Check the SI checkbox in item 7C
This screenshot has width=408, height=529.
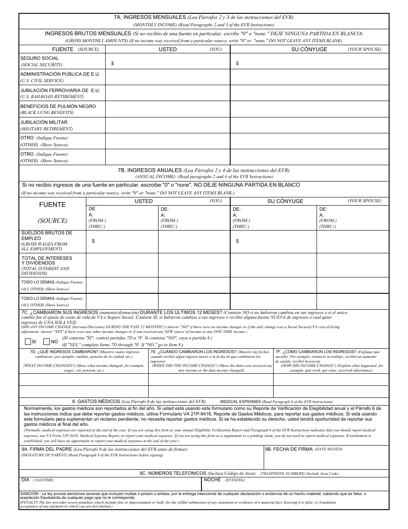[x=28, y=342]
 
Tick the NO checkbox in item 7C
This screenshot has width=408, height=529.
[x=46, y=342]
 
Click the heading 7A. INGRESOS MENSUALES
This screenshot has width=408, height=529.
[x=150, y=17]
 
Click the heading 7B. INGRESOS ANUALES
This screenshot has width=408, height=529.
[x=150, y=170]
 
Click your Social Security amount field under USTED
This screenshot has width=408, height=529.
[x=167, y=63]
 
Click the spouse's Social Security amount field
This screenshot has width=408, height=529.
[x=309, y=63]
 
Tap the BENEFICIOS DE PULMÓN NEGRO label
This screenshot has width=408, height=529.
[x=58, y=106]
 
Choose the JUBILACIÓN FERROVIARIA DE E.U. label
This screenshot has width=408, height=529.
[x=60, y=90]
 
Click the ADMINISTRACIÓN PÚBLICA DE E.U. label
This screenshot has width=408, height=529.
[x=60, y=74]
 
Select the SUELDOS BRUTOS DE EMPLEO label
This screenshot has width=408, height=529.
[x=47, y=235]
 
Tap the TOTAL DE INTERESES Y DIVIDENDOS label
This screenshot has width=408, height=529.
[x=47, y=260]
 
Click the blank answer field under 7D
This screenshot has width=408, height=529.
[x=83, y=380]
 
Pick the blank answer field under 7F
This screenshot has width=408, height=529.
[x=331, y=380]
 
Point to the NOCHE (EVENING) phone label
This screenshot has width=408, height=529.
[x=212, y=480]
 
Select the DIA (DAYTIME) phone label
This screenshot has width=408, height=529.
[x=26, y=480]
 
